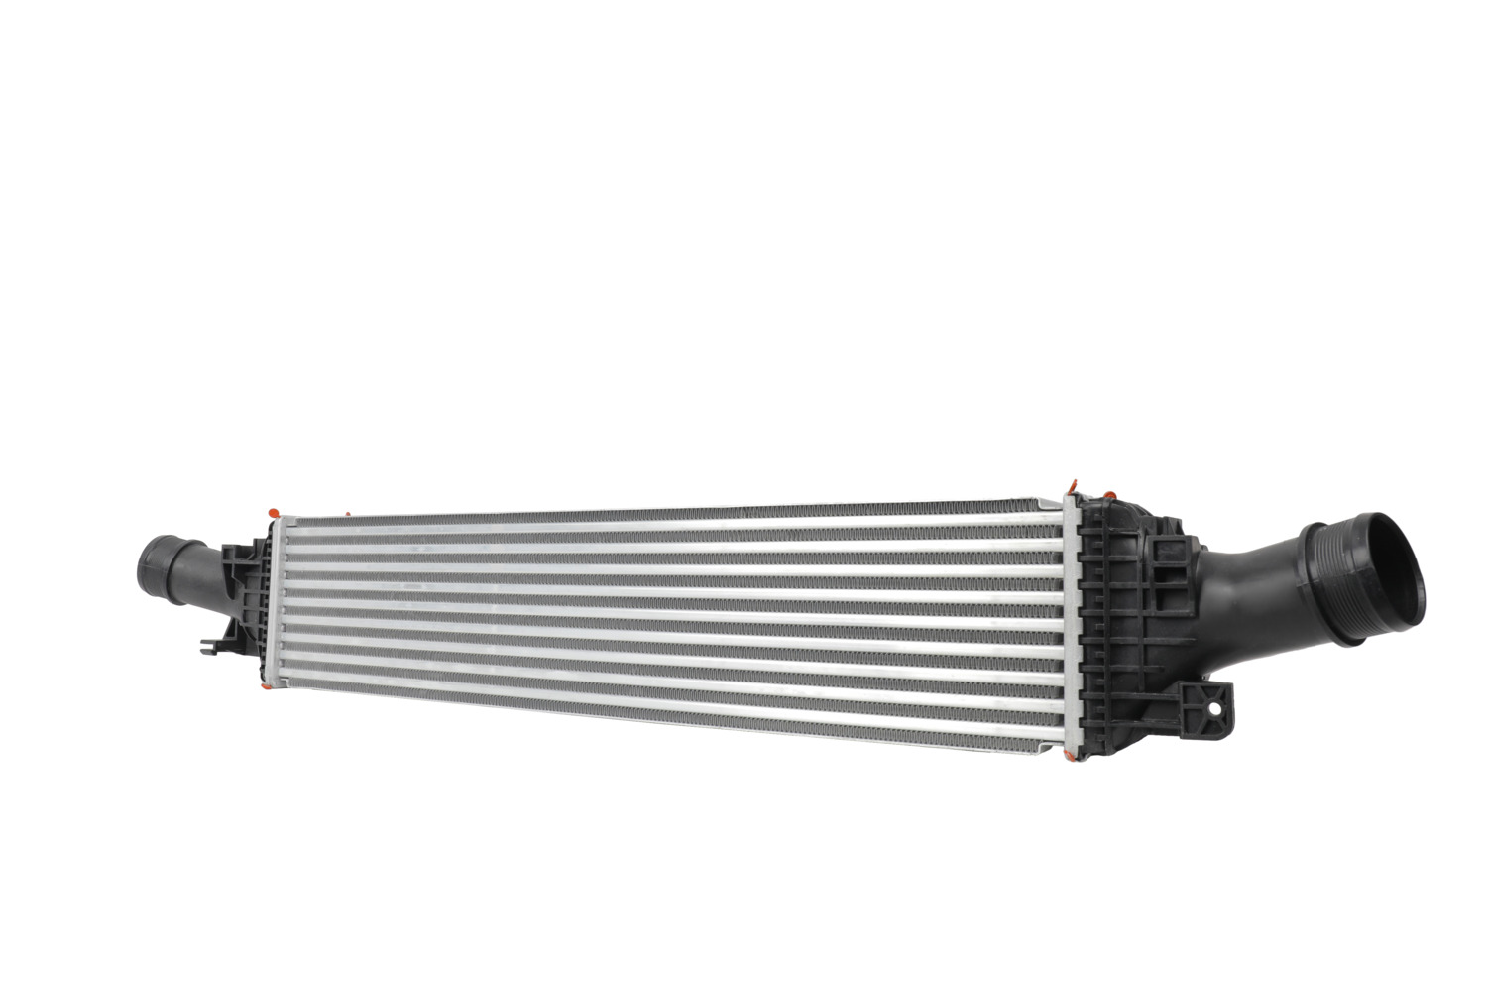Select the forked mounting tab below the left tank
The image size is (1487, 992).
(211, 646)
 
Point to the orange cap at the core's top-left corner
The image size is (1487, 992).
(272, 511)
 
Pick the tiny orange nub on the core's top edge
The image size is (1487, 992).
(348, 514)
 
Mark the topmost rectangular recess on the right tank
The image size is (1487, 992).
(1094, 516)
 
